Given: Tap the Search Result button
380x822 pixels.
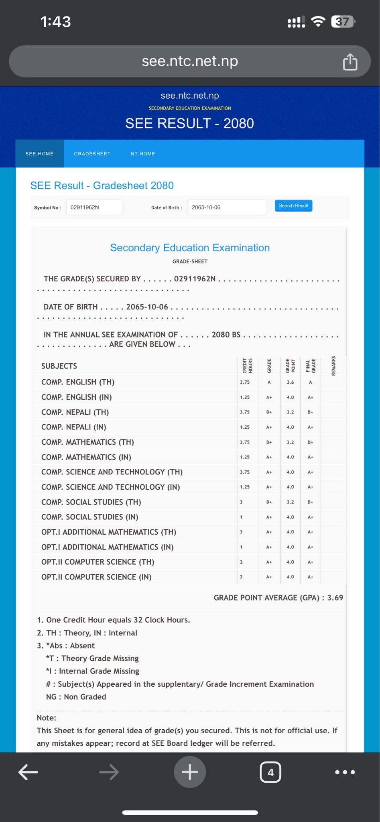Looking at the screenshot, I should (293, 205).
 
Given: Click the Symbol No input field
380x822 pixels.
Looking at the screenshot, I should (94, 207).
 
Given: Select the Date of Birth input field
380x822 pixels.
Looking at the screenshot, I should (227, 207).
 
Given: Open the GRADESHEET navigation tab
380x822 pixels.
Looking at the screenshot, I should (92, 154).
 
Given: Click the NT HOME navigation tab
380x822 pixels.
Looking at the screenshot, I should (143, 154).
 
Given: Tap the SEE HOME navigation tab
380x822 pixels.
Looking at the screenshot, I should (39, 154).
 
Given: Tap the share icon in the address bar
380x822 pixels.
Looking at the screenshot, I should (350, 62).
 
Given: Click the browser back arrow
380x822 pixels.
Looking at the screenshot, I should (28, 772).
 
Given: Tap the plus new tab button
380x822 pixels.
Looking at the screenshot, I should (190, 772).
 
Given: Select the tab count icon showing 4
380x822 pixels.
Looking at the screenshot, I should (270, 772).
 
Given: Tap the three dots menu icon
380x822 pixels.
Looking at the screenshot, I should (345, 772).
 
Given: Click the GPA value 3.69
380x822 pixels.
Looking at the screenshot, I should (335, 598).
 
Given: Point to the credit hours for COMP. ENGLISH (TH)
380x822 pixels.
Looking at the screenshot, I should (245, 382).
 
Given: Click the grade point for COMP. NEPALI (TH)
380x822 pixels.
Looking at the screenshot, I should (290, 412).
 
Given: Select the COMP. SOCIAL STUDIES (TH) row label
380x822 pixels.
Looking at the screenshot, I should (91, 502).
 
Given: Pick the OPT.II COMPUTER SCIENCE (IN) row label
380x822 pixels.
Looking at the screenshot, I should (96, 577).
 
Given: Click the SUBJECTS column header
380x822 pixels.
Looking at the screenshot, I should (59, 366).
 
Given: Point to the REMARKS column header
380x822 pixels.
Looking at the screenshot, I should (333, 366).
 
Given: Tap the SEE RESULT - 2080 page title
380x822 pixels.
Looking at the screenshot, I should (189, 123).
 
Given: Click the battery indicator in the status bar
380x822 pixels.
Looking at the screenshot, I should (342, 22).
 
